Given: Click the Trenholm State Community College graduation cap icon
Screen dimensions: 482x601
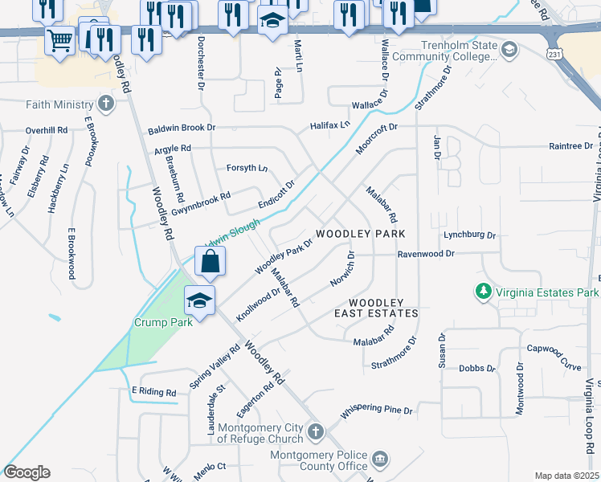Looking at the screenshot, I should pos(509,51).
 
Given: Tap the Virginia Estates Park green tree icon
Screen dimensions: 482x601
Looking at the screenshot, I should pos(483,292).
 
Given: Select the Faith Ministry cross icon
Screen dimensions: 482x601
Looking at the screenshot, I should pos(105,104).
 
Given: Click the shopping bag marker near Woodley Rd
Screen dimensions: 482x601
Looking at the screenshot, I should pos(209,261).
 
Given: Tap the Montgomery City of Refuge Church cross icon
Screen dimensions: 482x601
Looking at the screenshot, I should pos(317,432).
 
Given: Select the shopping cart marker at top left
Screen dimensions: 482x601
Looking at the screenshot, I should pos(60,40).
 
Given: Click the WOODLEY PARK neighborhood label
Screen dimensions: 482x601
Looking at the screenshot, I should pos(360,233).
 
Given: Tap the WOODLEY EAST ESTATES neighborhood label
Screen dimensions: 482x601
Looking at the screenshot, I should pos(376,307).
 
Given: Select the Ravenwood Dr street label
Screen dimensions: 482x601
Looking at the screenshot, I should pos(426,254).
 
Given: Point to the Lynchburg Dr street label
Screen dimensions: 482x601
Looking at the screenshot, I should pos(469,236).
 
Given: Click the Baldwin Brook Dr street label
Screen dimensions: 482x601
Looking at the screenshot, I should pos(182,128).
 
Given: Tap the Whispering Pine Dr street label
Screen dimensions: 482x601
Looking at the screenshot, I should pos(376,411).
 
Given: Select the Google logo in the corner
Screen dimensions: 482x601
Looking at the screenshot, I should pos(27,472).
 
